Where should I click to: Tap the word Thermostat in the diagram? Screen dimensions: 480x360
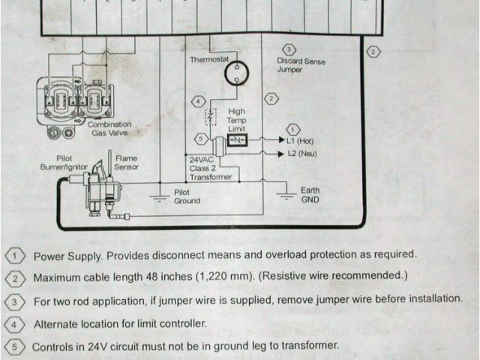[x=209, y=59]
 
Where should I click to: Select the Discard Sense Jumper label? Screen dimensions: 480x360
[x=301, y=65]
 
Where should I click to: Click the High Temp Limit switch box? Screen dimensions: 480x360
[x=237, y=140]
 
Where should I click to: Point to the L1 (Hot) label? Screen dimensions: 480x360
[x=300, y=141]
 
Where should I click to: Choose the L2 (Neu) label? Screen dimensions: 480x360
[x=302, y=153]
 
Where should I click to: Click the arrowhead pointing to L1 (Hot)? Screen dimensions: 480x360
[x=282, y=140]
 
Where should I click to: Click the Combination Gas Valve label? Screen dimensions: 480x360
[x=109, y=128]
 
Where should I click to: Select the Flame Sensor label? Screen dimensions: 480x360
[x=126, y=163]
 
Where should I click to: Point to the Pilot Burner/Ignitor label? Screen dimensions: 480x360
[x=64, y=163]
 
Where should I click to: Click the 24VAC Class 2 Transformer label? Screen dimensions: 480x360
[x=211, y=168]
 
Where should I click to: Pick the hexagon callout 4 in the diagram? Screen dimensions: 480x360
[x=198, y=101]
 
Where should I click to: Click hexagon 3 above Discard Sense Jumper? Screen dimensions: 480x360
[x=289, y=49]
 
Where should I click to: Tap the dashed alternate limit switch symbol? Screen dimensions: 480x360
[x=211, y=117]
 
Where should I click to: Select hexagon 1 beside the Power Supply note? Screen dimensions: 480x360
[x=15, y=256]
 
